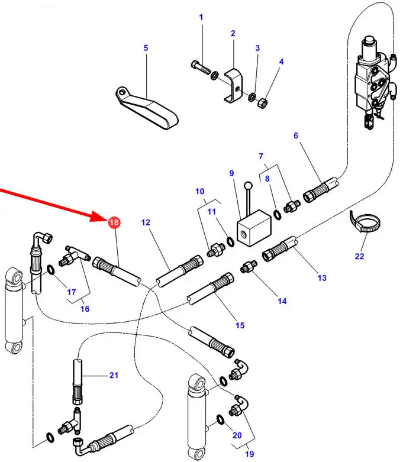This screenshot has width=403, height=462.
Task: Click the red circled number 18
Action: [113, 222]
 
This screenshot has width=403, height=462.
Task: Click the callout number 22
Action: [359, 256]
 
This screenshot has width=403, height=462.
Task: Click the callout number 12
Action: [146, 222]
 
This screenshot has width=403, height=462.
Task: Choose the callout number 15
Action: [240, 325]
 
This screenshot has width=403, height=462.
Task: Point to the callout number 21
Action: [114, 375]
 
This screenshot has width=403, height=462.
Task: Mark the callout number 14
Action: [282, 301]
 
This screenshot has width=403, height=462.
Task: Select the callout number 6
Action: [296, 135]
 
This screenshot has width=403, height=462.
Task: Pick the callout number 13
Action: [321, 277]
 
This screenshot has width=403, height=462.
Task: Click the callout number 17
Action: [72, 292]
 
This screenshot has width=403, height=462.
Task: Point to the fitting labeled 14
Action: [247, 269]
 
